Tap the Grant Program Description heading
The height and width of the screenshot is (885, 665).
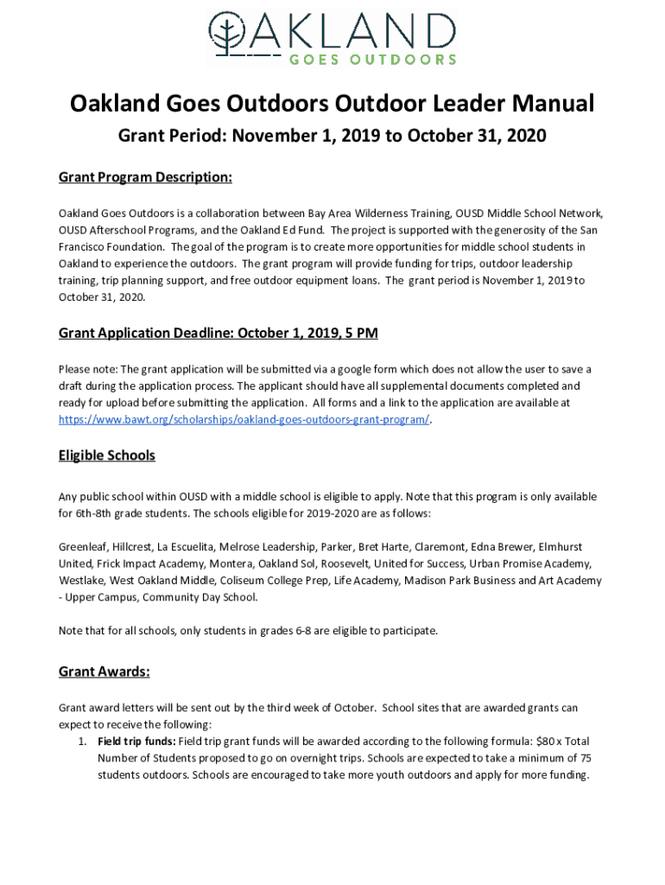[145, 177]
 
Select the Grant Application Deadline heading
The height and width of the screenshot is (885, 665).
[218, 333]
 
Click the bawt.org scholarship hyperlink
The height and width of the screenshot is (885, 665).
[244, 419]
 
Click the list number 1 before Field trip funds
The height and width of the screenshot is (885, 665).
[81, 742]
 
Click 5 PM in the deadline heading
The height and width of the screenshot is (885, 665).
[361, 333]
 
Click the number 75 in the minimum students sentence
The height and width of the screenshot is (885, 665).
[585, 758]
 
